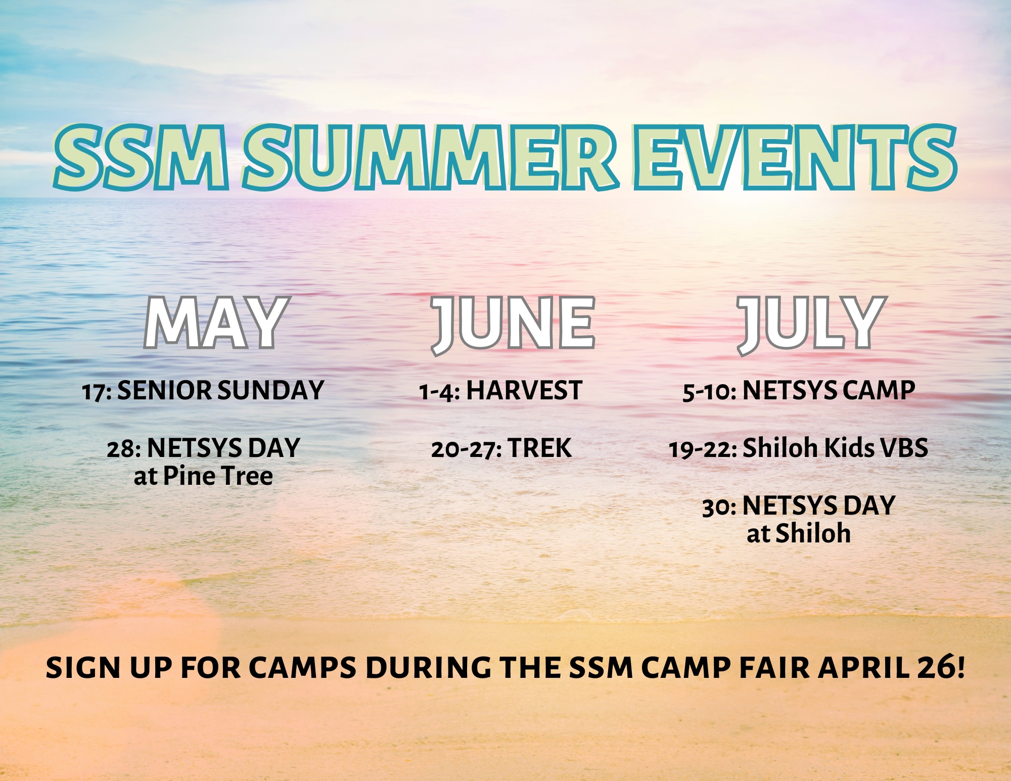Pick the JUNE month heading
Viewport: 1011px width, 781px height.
pyautogui.click(x=513, y=325)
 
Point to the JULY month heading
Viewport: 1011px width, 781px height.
pyautogui.click(x=811, y=325)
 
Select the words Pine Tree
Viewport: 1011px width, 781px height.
pyautogui.click(x=218, y=476)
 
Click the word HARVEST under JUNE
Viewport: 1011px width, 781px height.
pyautogui.click(x=524, y=390)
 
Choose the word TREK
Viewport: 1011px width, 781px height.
pyautogui.click(x=540, y=448)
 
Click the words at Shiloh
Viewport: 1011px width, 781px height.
pyautogui.click(x=799, y=533)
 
